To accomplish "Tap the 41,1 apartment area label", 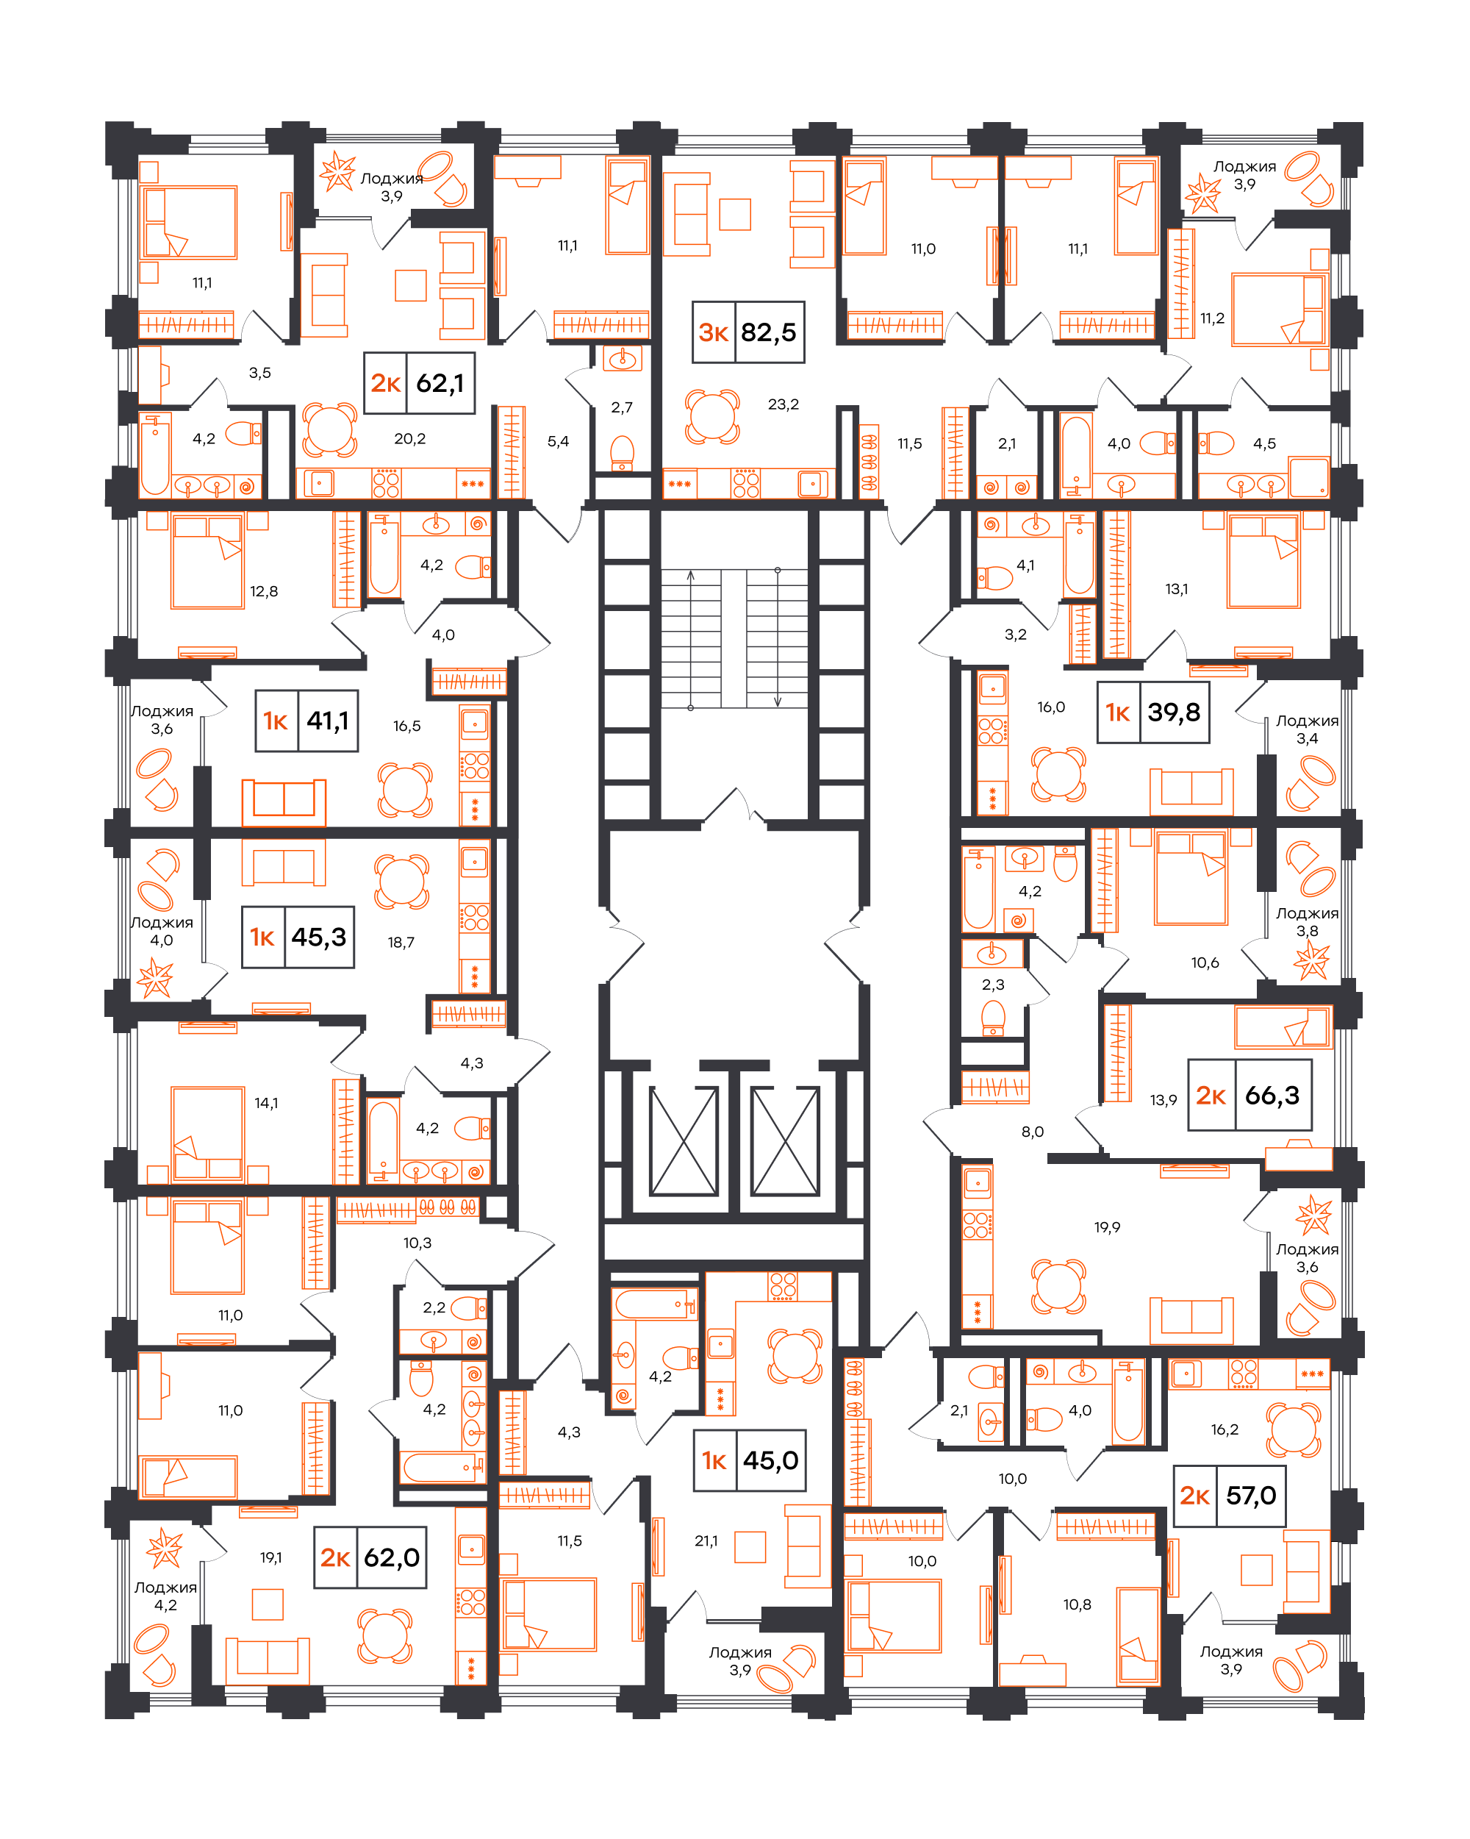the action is coord(327,721).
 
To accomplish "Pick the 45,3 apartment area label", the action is coord(319,937).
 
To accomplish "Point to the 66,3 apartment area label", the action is coord(1272,1094).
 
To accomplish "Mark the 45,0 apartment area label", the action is coord(770,1460).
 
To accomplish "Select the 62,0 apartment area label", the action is coord(391,1557).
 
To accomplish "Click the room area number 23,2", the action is coord(783,404).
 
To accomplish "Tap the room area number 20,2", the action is coord(409,438).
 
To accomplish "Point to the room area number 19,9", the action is coord(1107,1226).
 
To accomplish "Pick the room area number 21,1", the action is coord(706,1540).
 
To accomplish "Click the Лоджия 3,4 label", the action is coord(1306,729).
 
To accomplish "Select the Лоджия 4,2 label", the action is coord(165,1596).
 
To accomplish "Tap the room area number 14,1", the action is coord(266,1103).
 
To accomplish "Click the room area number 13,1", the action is coord(1176,588).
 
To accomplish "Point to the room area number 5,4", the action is coord(558,441).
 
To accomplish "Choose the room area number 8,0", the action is coord(1032,1131).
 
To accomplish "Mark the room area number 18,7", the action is coord(401,942).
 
